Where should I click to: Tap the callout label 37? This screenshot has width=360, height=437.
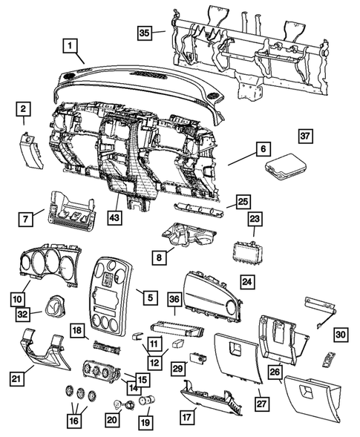click(306, 136)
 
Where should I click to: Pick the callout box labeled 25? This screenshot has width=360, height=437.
click(243, 202)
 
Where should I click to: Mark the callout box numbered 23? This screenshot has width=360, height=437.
click(254, 220)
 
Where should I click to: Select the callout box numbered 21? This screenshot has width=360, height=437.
click(16, 380)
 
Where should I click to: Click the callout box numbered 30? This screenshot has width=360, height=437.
click(340, 335)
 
